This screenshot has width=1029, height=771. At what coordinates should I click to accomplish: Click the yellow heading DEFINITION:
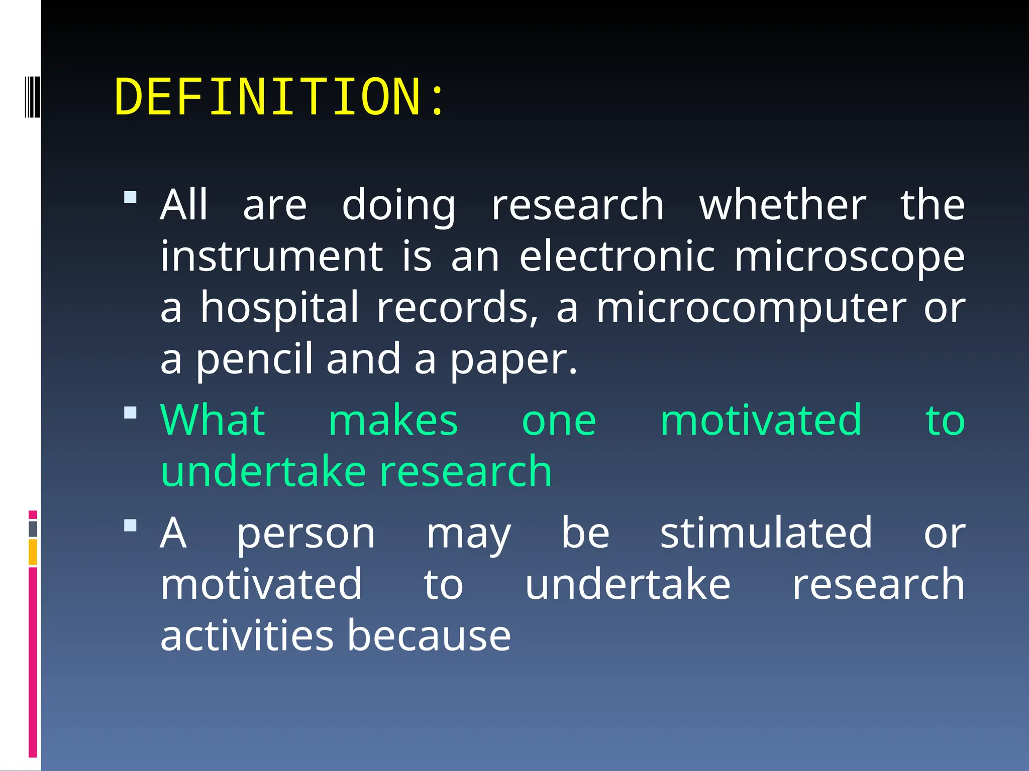pyautogui.click(x=279, y=97)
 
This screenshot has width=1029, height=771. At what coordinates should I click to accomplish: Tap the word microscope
pyautogui.click(x=849, y=257)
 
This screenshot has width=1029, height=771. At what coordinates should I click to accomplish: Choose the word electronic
pyautogui.click(x=617, y=257)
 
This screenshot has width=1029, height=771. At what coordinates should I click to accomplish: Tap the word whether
pyautogui.click(x=782, y=205)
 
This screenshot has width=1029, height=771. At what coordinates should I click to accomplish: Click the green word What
pyautogui.click(x=212, y=420)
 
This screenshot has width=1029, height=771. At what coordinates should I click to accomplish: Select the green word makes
pyautogui.click(x=393, y=421)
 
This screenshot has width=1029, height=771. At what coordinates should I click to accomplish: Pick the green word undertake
pyautogui.click(x=263, y=472)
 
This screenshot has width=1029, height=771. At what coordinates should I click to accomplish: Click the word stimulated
pyautogui.click(x=766, y=533)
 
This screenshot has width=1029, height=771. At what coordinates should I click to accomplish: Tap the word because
pyautogui.click(x=429, y=635)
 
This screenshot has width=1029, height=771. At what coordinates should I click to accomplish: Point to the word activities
pyautogui.click(x=247, y=635)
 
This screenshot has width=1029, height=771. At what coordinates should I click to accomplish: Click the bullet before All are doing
pyautogui.click(x=130, y=197)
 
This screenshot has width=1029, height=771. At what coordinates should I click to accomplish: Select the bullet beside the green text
pyautogui.click(x=130, y=413)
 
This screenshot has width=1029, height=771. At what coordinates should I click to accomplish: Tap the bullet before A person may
pyautogui.click(x=130, y=526)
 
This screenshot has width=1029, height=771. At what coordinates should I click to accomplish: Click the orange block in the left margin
pyautogui.click(x=33, y=552)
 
